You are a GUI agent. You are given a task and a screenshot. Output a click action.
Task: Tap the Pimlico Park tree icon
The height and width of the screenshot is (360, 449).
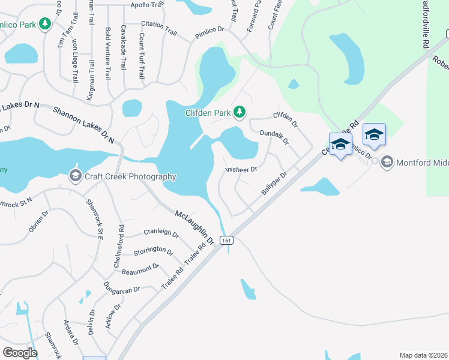click(x=44, y=24)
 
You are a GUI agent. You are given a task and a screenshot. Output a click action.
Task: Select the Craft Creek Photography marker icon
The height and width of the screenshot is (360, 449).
click(x=75, y=176)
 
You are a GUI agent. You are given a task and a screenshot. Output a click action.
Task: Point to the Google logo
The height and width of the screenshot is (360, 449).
click(x=20, y=353)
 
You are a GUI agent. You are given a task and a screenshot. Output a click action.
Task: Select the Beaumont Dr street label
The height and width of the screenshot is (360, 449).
click(x=140, y=268)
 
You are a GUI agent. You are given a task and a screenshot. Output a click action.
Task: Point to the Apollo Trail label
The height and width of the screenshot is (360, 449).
click(x=147, y=5)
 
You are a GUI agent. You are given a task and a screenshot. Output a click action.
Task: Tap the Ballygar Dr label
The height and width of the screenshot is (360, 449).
click(x=274, y=183)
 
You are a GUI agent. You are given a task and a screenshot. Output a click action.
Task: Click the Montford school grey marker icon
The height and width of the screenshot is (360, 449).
click(x=387, y=162)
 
